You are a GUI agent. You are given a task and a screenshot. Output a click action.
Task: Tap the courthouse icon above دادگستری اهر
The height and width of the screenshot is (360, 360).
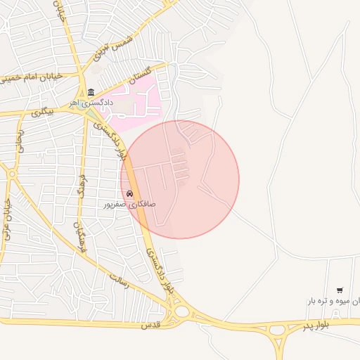point(91,92)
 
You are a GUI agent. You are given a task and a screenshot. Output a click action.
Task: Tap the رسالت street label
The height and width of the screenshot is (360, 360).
point(119,281)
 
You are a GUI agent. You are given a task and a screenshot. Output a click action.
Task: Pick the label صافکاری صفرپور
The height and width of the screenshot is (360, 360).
point(129,204)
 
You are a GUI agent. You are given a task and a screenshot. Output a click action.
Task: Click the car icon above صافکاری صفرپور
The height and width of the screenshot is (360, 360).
point(129,193)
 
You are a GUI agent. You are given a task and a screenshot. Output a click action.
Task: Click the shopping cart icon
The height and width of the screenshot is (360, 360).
point(340,290)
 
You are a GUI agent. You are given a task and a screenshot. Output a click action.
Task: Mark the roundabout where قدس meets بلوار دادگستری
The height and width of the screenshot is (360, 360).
point(181,311)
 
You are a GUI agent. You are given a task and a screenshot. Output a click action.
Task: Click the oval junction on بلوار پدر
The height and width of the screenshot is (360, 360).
point(277,329)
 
